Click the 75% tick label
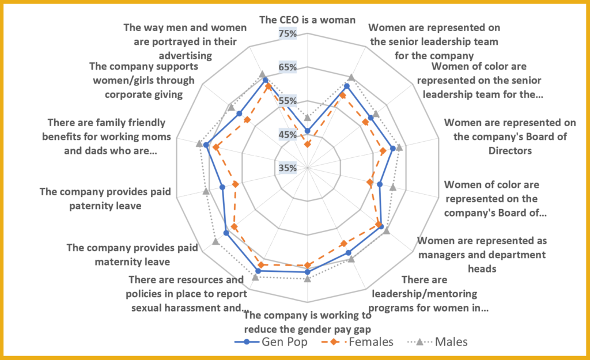pyautogui.click(x=287, y=34)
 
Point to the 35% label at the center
pyautogui.click(x=287, y=168)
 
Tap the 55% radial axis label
pyautogui.click(x=287, y=101)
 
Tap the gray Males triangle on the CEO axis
pyautogui.click(x=307, y=117)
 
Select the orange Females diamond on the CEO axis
pyautogui.click(x=307, y=143)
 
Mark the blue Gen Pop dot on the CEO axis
pyautogui.click(x=307, y=131)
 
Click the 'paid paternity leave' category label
pyautogui.click(x=90, y=198)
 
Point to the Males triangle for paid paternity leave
pyautogui.click(x=206, y=191)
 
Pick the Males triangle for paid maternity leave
pyautogui.click(x=215, y=241)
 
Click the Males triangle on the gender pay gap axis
pyautogui.click(x=307, y=279)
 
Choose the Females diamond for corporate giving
pyautogui.click(x=247, y=120)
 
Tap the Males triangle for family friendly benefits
pyautogui.click(x=199, y=143)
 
